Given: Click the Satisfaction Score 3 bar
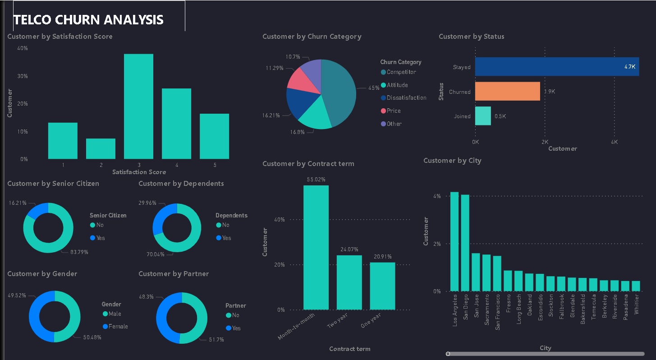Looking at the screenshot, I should pyautogui.click(x=138, y=106).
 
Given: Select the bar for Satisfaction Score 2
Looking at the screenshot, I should pyautogui.click(x=101, y=149).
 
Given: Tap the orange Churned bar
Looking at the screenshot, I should pyautogui.click(x=507, y=91).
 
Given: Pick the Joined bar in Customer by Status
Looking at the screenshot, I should pyautogui.click(x=483, y=116).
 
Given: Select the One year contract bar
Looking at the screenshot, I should pyautogui.click(x=382, y=286).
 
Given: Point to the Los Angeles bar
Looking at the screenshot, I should pyautogui.click(x=454, y=242).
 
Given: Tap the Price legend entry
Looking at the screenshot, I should pyautogui.click(x=393, y=111).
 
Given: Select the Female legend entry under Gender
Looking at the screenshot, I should pyautogui.click(x=118, y=327).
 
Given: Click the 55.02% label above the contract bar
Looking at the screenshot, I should pyautogui.click(x=316, y=180).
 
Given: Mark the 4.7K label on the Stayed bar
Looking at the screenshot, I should pyautogui.click(x=630, y=67).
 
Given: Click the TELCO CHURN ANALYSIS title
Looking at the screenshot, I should pyautogui.click(x=88, y=20).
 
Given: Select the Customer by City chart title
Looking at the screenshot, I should pyautogui.click(x=452, y=161).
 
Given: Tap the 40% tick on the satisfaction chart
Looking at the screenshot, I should pyautogui.click(x=23, y=48).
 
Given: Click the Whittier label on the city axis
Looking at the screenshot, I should pyautogui.click(x=636, y=305).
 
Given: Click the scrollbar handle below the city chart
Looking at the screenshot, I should pyautogui.click(x=448, y=354).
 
